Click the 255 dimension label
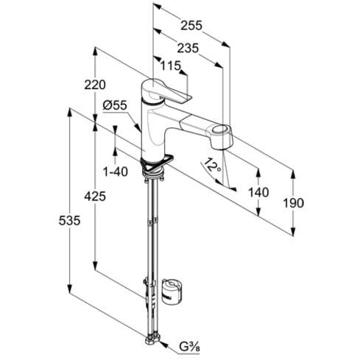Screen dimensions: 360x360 point(191,26)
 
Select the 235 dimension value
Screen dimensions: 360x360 point(188,48)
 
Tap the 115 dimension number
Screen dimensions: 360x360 point(171,66)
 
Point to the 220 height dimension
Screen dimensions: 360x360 point(95,85)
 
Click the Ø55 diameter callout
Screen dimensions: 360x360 point(115,105)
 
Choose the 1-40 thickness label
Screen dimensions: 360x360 point(116,172)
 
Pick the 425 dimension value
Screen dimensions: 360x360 point(95,196)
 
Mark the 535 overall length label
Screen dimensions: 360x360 point(69,220)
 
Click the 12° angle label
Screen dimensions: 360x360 point(211,165)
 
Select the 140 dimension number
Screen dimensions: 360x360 point(258,192)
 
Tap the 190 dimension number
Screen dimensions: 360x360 point(294,203)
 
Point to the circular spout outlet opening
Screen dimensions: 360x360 point(221,130)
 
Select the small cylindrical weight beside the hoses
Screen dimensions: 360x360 point(172,292)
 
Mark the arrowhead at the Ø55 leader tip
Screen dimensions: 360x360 point(139,128)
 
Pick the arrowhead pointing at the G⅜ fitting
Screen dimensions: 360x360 point(163,344)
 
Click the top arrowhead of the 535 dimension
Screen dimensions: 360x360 point(70,113)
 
